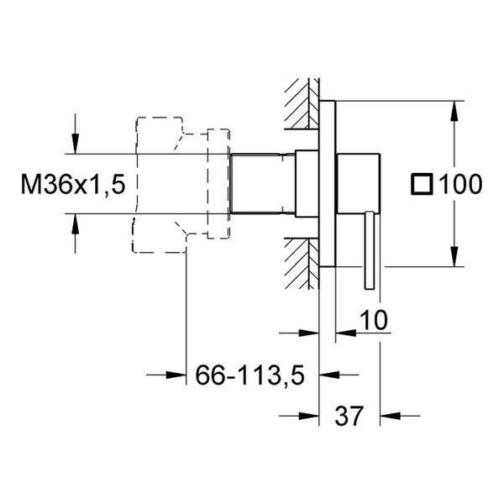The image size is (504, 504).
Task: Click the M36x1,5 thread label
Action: pos(73,184)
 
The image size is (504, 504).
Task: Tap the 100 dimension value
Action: pos(460,184)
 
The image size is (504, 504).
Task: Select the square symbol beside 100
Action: pos(422,184)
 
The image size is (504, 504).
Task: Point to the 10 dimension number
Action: pos(374,320)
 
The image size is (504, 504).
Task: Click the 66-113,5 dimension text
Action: pos(249,375)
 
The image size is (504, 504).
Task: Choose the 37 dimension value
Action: pos(349,416)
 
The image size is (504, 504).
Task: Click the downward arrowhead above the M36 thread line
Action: pos(75,144)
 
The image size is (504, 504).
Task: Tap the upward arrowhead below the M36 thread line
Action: pos(75,223)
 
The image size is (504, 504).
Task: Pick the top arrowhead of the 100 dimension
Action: pos(454,111)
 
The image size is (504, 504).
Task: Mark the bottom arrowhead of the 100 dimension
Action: pos(454,256)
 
